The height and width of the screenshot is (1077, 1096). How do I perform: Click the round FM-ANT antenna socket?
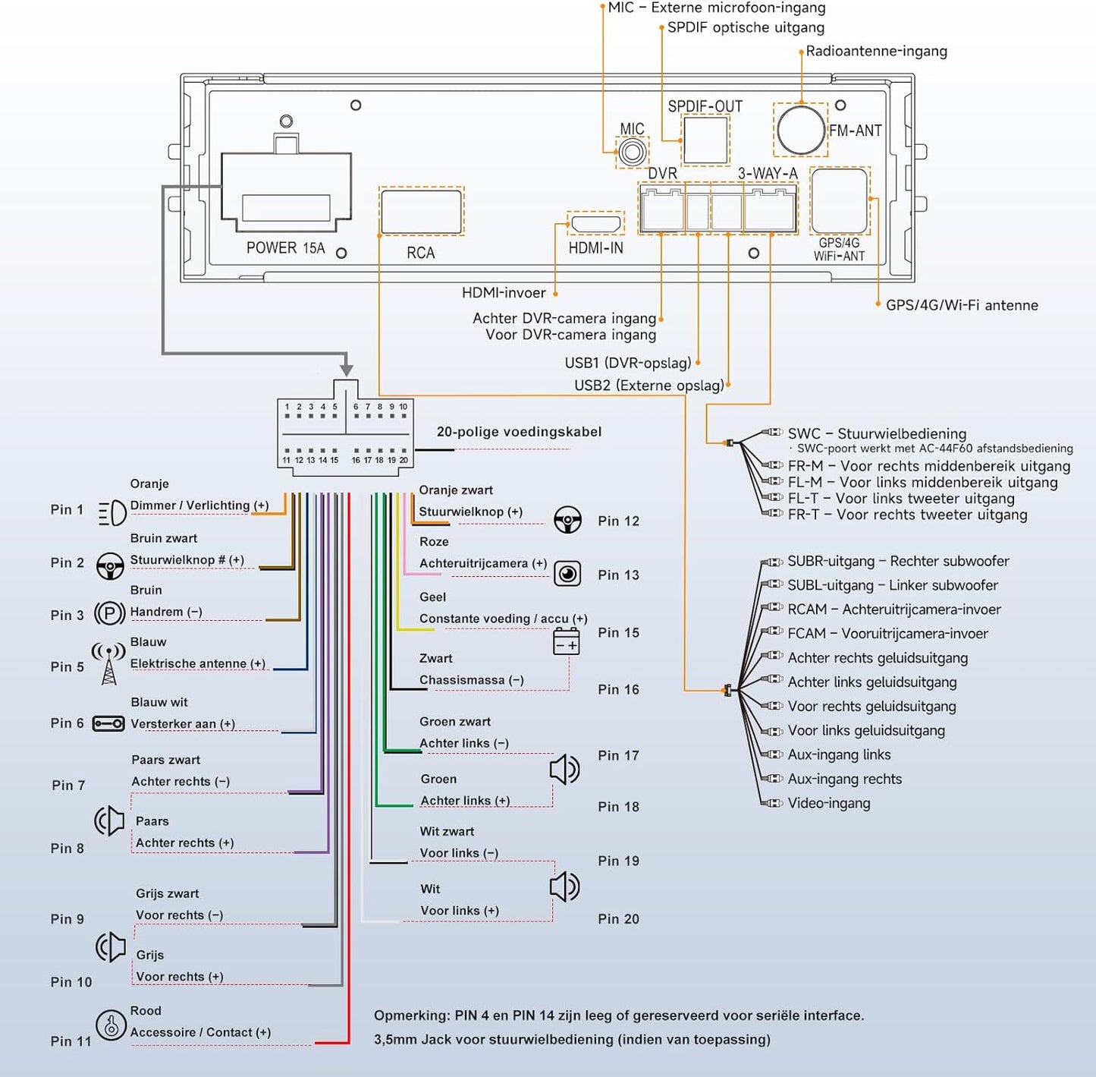coord(801,129)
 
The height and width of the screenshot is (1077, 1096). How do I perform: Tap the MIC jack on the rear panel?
coord(632,153)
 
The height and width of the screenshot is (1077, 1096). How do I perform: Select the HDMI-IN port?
coord(595,224)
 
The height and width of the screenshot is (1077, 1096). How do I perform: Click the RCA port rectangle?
coord(422,212)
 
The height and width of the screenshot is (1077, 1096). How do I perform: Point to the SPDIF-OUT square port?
coord(705,140)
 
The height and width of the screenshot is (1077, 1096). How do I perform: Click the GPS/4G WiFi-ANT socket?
coord(839,200)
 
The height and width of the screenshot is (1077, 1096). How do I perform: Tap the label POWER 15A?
coord(285,247)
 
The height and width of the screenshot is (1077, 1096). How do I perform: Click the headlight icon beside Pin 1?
coord(112,513)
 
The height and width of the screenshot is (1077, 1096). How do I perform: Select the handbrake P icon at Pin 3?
coord(109,613)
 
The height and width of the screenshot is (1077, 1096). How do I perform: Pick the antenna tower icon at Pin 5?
coord(108,663)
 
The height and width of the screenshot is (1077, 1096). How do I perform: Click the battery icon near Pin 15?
coord(567,641)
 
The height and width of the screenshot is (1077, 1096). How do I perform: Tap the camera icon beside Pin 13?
coord(567,573)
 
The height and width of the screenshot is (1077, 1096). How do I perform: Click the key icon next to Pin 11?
coord(110,1025)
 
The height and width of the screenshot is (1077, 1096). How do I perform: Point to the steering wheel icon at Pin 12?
coord(567,519)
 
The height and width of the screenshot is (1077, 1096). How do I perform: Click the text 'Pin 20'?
coord(618,918)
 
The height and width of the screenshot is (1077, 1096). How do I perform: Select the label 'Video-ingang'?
coord(829,803)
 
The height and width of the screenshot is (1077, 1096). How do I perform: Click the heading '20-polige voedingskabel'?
coord(519,431)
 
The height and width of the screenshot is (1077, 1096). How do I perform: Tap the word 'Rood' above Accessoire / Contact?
coord(146,1010)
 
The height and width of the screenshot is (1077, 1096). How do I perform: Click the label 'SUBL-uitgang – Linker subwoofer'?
coord(893,585)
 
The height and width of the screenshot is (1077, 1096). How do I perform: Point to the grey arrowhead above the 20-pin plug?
coord(347,370)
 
